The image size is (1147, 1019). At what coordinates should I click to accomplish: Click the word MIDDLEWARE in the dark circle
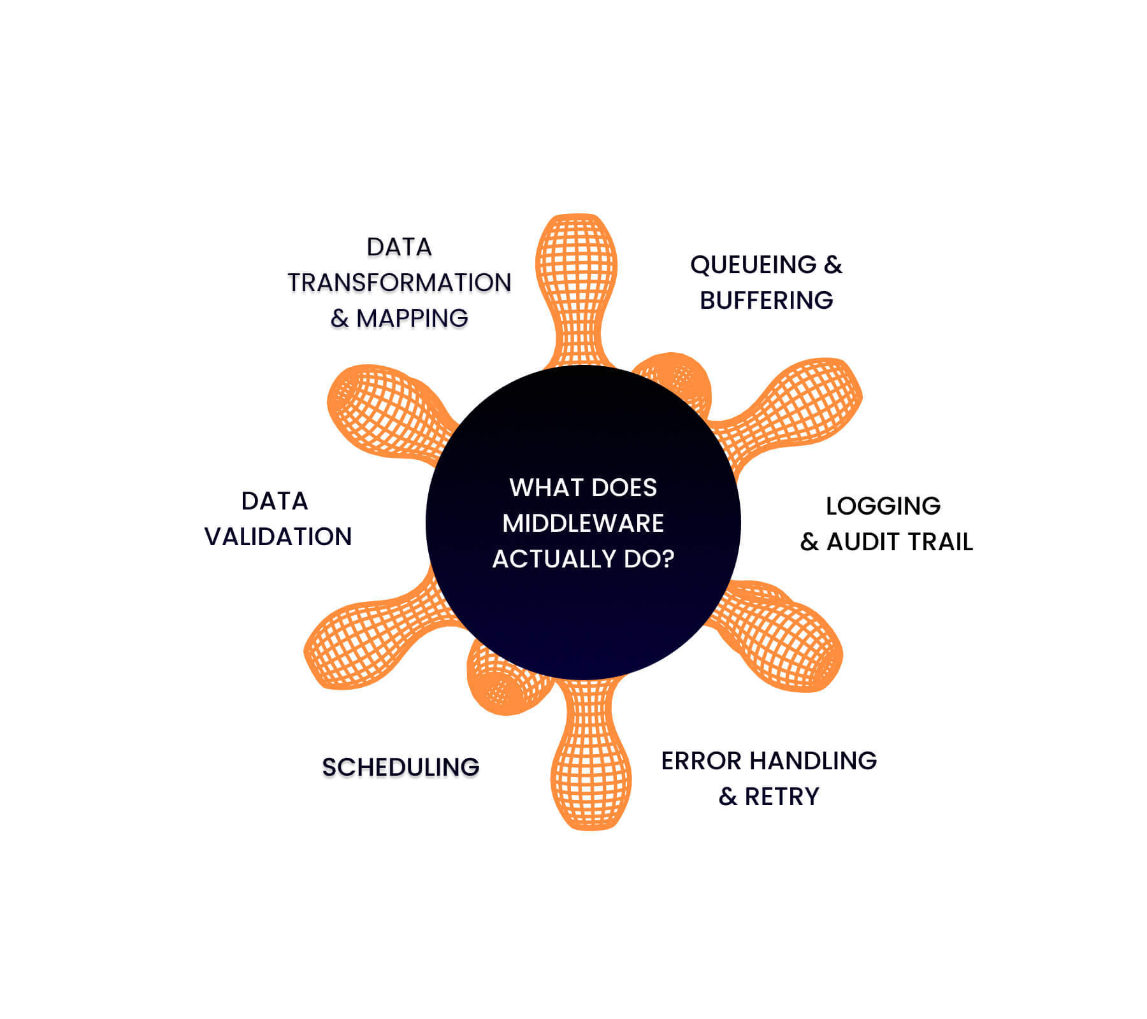point(582,524)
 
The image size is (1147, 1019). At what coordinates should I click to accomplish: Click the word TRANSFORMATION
point(400,283)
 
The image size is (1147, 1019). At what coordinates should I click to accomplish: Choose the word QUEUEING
point(753,265)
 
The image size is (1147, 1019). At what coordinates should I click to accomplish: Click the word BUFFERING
point(766,301)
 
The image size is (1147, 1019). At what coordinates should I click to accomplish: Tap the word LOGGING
point(883,506)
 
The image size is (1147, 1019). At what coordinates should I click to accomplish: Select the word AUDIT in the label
point(863,542)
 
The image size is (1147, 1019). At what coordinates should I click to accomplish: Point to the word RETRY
point(782,797)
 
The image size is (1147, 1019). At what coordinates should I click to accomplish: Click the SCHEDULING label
point(400,767)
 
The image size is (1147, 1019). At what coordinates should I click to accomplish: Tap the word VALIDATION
point(278,537)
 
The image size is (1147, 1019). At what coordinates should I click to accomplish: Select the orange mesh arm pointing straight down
point(591,764)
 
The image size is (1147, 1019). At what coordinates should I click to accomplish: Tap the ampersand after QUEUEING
point(833,265)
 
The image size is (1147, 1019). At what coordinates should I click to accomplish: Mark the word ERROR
point(701,761)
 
